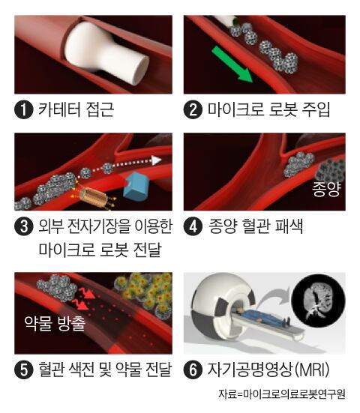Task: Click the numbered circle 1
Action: click(24, 109)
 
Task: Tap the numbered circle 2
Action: click(193, 109)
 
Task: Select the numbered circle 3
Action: click(24, 226)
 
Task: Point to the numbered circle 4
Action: click(193, 226)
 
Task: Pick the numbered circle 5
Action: click(24, 370)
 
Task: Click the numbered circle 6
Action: click(193, 370)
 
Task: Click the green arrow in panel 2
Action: click(232, 64)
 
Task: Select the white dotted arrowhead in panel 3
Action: click(157, 160)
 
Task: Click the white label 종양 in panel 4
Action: click(326, 189)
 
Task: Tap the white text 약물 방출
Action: click(55, 323)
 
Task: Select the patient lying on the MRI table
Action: click(264, 316)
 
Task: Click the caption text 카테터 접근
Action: click(76, 109)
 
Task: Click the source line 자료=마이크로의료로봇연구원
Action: click(282, 394)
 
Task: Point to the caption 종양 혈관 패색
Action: click(255, 226)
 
